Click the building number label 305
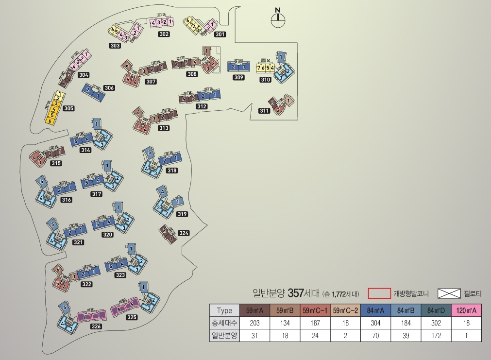[68, 108]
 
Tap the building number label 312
[202, 106]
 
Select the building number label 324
[184, 233]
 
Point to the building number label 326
[96, 326]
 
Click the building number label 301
[220, 34]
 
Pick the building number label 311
[264, 111]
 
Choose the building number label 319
[182, 214]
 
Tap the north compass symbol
[278, 19]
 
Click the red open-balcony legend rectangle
[379, 293]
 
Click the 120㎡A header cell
[466, 310]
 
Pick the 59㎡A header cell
[255, 310]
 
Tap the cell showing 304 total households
[375, 323]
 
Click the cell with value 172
[436, 336]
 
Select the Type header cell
[224, 310]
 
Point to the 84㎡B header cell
[406, 310]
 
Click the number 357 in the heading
[296, 293]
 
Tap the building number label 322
[86, 284]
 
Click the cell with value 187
[315, 323]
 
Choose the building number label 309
[238, 78]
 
